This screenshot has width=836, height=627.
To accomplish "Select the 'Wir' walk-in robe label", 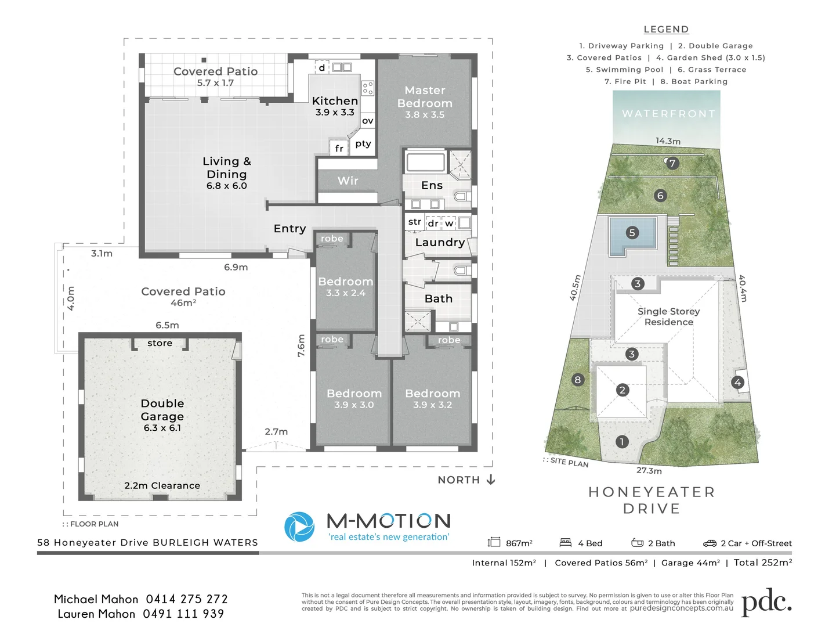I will tap(348, 181).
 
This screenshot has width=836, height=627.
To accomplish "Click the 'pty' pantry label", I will tap(363, 143).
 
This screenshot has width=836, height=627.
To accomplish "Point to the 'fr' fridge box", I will tap(339, 148).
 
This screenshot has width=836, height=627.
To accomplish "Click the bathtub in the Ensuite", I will tap(426, 162).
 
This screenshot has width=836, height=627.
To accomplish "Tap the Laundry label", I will tap(440, 242).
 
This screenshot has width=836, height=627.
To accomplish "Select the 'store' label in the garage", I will tap(160, 343).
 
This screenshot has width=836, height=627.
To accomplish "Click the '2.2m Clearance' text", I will tap(162, 485).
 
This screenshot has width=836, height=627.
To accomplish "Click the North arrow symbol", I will tap(491, 480).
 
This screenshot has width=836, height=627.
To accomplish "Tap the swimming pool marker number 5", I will tap(632, 233).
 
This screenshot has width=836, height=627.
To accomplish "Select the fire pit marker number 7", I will tap(672, 163).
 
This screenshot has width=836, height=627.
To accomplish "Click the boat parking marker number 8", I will tap(577, 380).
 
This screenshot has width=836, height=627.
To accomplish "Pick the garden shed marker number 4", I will tap(737, 382).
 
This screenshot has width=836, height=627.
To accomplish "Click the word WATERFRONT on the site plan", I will tap(668, 114).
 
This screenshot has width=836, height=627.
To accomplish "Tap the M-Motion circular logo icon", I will tap(299, 527).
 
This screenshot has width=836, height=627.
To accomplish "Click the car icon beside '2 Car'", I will tap(710, 543).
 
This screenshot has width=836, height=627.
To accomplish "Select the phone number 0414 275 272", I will tap(187, 599).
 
